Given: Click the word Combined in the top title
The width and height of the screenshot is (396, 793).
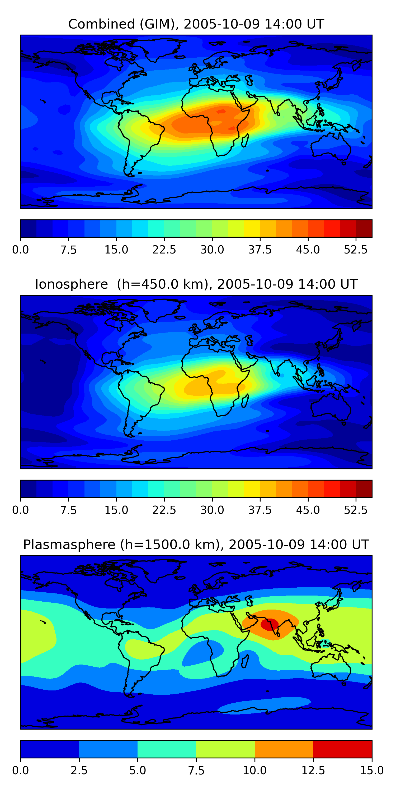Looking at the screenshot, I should pyautogui.click(x=101, y=24).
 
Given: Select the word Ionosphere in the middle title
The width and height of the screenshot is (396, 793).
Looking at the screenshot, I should pyautogui.click(x=71, y=284).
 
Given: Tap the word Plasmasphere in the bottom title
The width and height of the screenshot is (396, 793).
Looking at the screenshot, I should pyautogui.click(x=69, y=545).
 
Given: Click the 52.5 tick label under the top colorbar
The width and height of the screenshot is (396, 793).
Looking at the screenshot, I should pyautogui.click(x=356, y=250).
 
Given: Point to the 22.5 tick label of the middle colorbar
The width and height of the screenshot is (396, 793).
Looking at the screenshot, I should pyautogui.click(x=164, y=510).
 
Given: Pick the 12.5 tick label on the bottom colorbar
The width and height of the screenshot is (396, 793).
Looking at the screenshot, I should pyautogui.click(x=313, y=771).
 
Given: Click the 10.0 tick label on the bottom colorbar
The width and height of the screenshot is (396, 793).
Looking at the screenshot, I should pyautogui.click(x=254, y=771).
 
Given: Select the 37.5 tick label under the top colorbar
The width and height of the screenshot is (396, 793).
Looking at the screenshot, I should pyautogui.click(x=260, y=250).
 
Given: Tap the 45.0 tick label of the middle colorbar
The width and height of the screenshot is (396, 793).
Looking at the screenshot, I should pyautogui.click(x=308, y=510).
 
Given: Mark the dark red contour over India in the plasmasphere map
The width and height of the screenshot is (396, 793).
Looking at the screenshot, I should pyautogui.click(x=269, y=624).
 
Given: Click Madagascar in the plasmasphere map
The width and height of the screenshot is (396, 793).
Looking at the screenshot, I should pyautogui.click(x=245, y=661).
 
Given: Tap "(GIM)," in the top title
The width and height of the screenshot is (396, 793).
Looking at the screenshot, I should pyautogui.click(x=159, y=24).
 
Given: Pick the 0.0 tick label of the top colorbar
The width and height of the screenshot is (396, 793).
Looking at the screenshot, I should pyautogui.click(x=20, y=250).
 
